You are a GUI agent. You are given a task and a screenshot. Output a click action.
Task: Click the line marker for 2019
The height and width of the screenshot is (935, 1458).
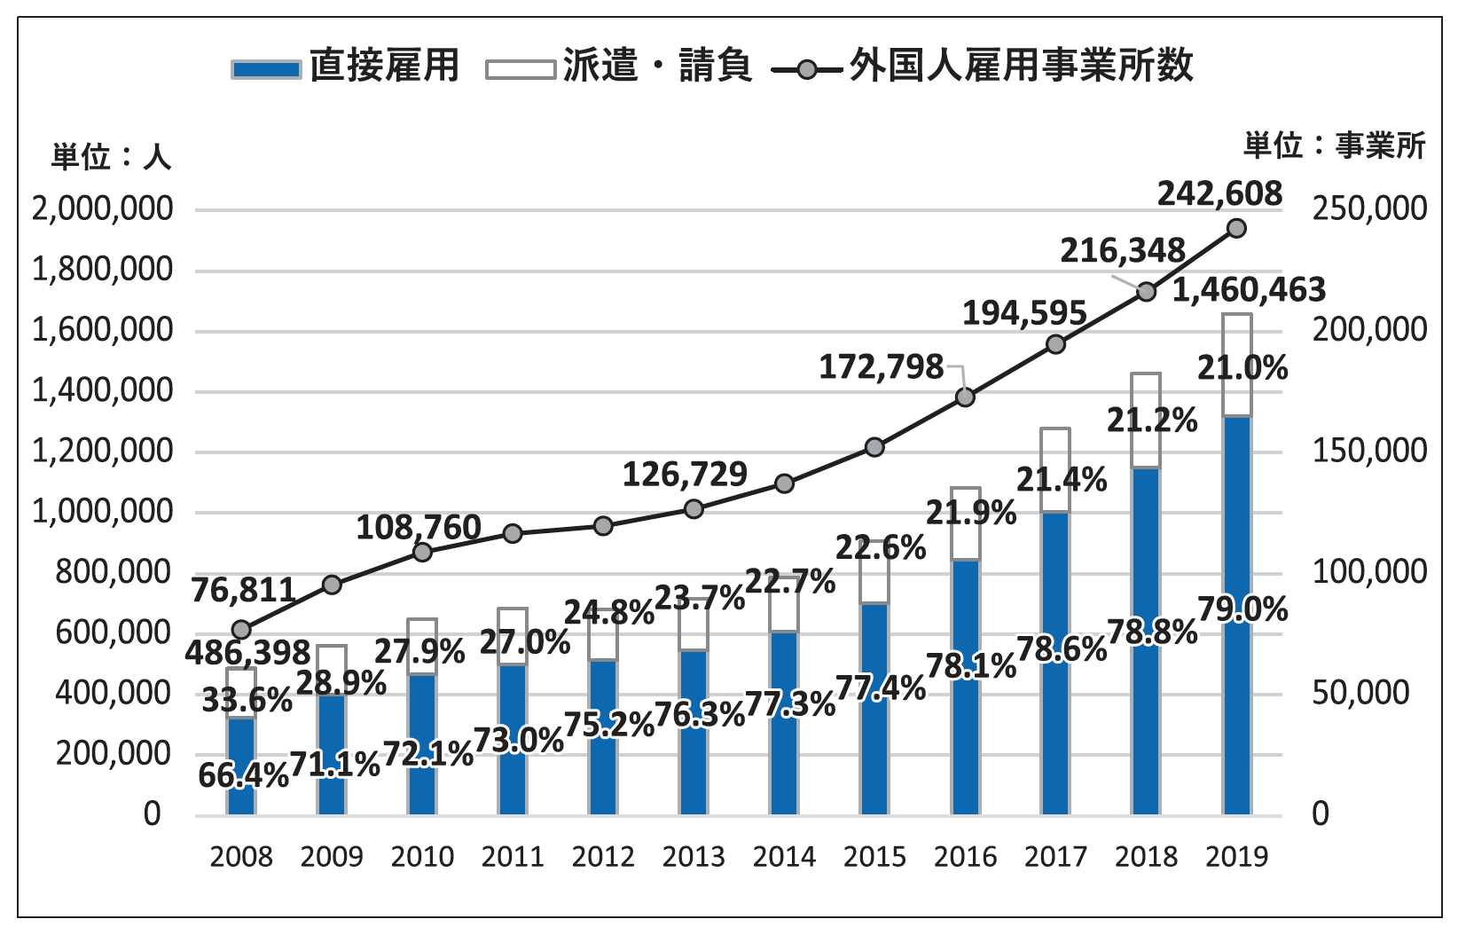pos(1237,229)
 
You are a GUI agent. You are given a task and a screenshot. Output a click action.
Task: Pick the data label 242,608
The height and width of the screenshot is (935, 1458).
pos(1219,193)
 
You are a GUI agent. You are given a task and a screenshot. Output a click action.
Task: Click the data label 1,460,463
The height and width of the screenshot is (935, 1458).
pos(1249,290)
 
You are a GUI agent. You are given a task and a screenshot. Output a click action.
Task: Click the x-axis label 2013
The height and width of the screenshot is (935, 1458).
pos(694,857)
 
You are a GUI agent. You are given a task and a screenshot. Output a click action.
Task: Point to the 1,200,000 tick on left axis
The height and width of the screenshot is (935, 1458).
pos(103,452)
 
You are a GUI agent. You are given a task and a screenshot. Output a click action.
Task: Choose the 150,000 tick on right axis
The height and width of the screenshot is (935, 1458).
pos(1369,452)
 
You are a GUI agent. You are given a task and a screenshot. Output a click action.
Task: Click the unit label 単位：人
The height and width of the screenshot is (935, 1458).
pos(110,157)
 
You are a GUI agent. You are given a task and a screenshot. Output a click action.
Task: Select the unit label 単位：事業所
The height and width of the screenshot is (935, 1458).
pos(1334,145)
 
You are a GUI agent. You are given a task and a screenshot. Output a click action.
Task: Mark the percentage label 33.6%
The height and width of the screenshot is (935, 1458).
pos(247,701)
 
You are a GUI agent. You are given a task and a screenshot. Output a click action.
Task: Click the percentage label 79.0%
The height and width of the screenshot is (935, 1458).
pos(1242,610)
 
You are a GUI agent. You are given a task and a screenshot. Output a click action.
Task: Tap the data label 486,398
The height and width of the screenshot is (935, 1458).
pos(247,654)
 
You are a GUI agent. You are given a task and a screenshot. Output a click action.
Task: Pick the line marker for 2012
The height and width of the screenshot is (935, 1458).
pos(603,526)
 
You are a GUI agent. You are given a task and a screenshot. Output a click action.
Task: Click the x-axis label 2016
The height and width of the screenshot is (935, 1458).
pos(965,857)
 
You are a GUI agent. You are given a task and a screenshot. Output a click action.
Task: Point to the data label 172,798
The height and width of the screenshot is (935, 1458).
pos(881,366)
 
